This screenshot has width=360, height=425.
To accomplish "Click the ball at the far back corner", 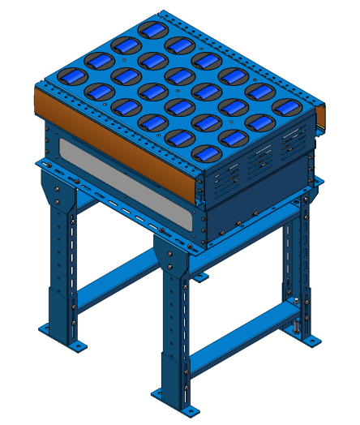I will click(150, 30).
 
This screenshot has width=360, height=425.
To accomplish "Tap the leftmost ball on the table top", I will click(75, 75).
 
